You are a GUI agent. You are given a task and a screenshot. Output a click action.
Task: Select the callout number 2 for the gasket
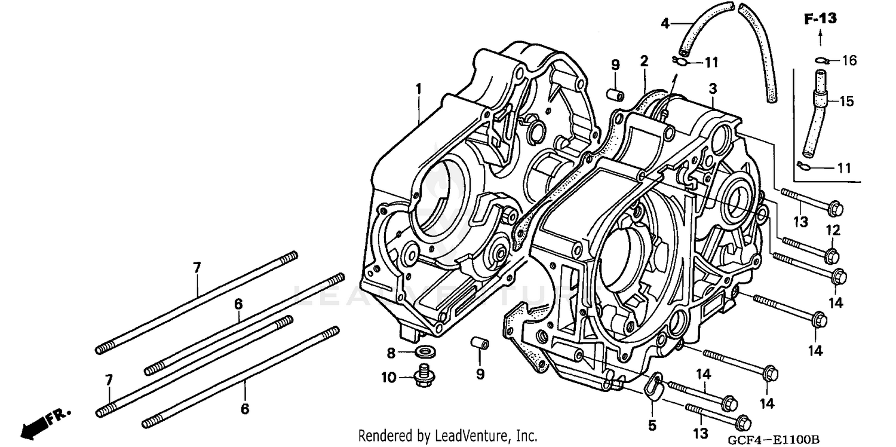644,60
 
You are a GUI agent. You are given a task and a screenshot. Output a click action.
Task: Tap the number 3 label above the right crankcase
713,88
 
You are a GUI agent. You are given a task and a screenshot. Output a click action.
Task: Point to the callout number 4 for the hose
665,24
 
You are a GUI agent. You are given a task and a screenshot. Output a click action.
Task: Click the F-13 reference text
820,19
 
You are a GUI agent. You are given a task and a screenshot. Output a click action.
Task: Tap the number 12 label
833,230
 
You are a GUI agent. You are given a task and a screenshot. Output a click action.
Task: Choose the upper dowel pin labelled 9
615,95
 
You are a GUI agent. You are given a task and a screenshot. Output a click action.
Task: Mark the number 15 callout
847,102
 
